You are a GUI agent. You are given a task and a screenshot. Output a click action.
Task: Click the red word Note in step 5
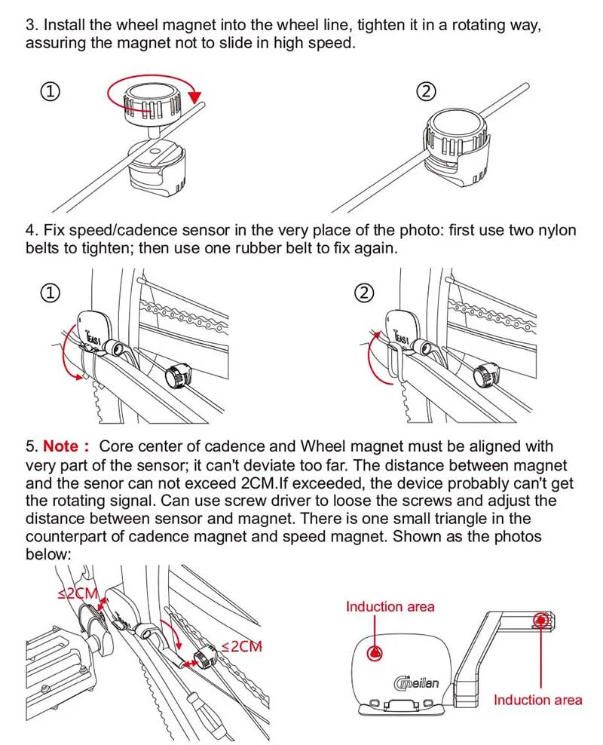click(61, 446)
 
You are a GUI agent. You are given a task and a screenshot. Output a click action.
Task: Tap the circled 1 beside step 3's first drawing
click(51, 91)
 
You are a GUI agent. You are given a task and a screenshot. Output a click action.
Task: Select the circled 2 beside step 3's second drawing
click(426, 91)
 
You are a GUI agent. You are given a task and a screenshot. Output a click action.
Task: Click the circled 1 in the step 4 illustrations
click(51, 293)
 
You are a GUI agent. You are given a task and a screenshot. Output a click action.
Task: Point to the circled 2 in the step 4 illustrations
click(364, 293)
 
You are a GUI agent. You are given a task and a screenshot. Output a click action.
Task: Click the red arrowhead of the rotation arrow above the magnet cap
click(194, 97)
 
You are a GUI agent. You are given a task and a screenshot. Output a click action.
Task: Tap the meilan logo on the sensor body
click(416, 682)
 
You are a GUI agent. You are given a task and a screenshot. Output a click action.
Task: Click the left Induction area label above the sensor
click(390, 607)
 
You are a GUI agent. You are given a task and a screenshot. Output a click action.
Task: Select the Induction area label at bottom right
click(537, 700)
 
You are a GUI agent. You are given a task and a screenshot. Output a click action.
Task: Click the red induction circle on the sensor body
click(375, 653)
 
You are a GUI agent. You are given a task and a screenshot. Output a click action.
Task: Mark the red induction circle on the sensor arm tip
click(540, 620)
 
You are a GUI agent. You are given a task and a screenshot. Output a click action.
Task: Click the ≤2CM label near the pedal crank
click(78, 593)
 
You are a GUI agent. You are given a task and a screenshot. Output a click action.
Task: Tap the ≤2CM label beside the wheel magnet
click(242, 646)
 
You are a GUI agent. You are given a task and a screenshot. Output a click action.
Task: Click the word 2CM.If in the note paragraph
click(262, 483)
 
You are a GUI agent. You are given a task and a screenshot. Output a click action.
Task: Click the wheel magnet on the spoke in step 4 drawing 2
click(485, 373)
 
